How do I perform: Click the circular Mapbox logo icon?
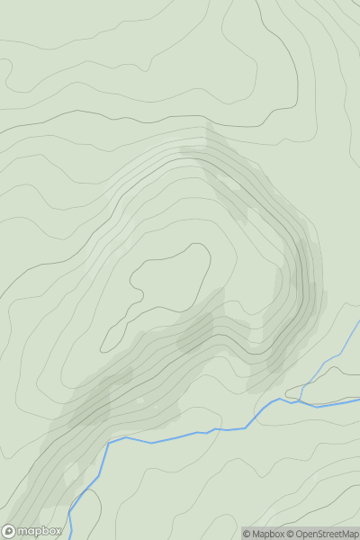[x=10, y=531]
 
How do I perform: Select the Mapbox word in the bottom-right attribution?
[x=267, y=534]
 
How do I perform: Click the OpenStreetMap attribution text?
[x=325, y=534]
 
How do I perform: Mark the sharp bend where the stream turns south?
[x=109, y=443]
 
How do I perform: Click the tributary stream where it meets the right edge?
[x=358, y=322]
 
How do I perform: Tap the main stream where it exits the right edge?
[x=358, y=400]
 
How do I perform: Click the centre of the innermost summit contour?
[x=166, y=288]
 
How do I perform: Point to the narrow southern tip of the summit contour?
[x=103, y=349]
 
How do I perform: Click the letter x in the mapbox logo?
[x=58, y=531]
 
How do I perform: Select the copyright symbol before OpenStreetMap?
[x=291, y=534]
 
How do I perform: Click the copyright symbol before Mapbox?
[x=247, y=534]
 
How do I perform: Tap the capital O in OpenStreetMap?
[x=300, y=534]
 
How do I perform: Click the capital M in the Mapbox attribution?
[x=256, y=534]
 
